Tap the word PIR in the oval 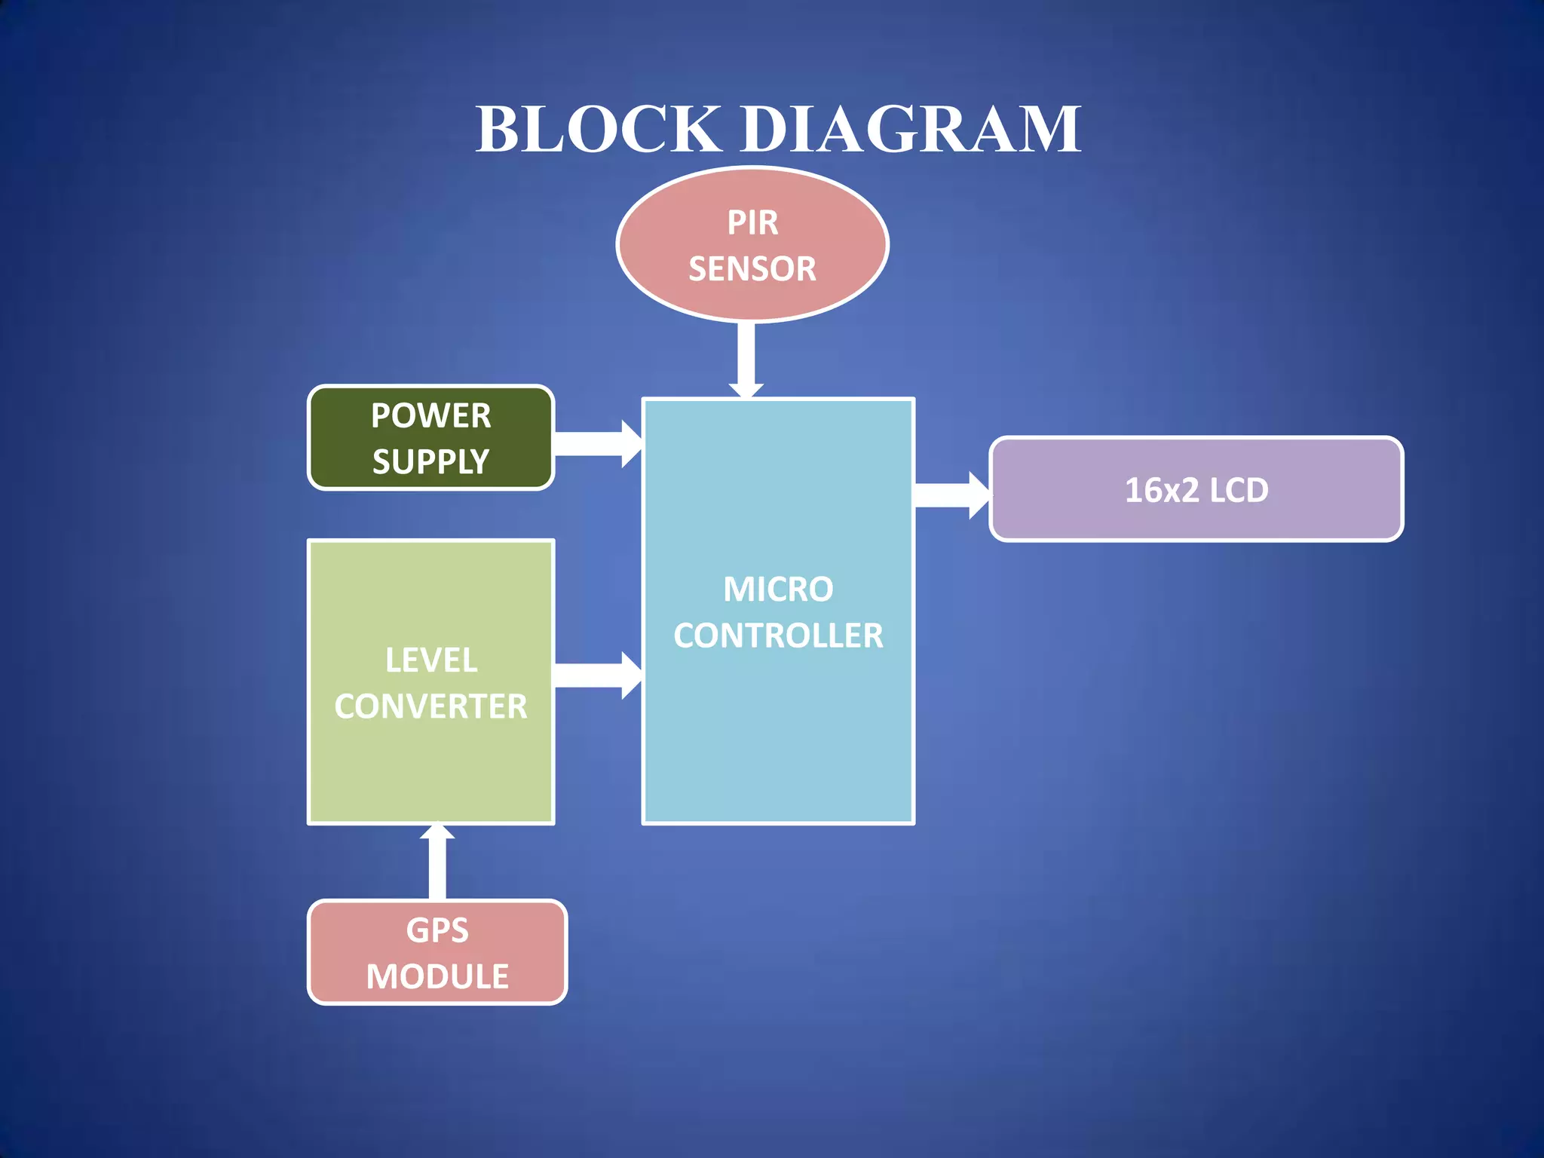(752, 223)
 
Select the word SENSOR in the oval (752, 269)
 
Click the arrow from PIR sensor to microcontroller (746, 359)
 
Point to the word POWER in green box (430, 416)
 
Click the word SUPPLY (430, 461)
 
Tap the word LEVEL (431, 660)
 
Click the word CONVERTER (430, 707)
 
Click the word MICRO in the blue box (778, 590)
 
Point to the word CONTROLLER (778, 636)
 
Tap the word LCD (1239, 491)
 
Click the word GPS (437, 930)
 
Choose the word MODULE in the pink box (437, 977)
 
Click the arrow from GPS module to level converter (437, 863)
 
